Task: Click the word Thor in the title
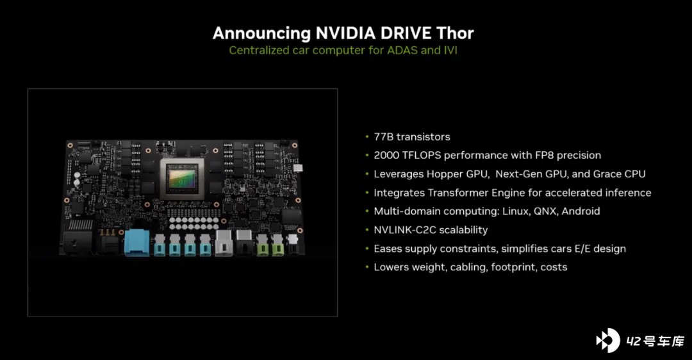(455, 33)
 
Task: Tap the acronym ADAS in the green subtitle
(402, 51)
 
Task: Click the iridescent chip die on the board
(182, 179)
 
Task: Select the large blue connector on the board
(137, 242)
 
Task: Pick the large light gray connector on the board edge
(224, 243)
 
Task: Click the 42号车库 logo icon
(607, 340)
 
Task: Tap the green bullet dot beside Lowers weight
(367, 267)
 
